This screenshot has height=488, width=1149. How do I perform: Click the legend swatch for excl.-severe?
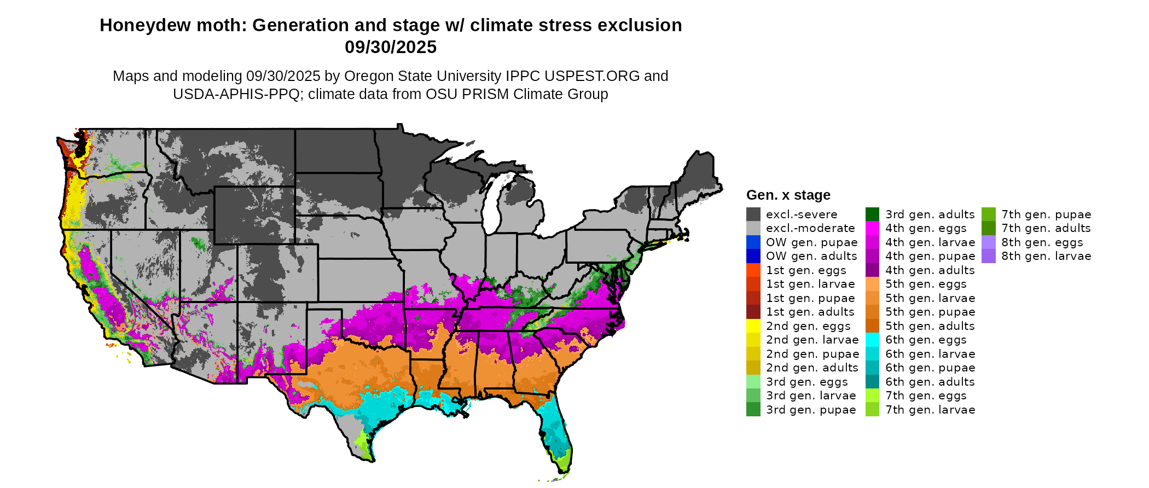pos(753,214)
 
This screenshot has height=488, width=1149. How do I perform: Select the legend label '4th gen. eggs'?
pos(926,228)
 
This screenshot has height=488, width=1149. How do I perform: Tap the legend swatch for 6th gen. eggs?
pos(872,340)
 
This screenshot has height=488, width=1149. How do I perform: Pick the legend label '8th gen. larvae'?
pos(1046,256)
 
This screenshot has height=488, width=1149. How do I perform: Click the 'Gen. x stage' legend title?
pos(788,195)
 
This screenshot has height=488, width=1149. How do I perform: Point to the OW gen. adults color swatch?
pos(753,256)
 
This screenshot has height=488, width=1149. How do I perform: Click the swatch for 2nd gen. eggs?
pos(753,326)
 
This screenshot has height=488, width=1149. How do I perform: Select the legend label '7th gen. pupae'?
pos(1046,214)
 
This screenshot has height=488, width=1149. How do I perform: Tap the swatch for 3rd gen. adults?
pos(872,214)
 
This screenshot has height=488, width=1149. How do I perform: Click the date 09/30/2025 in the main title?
pos(391,48)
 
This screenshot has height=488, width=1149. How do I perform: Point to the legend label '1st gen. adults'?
pos(810,312)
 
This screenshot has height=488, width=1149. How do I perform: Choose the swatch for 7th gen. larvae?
pos(872,410)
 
